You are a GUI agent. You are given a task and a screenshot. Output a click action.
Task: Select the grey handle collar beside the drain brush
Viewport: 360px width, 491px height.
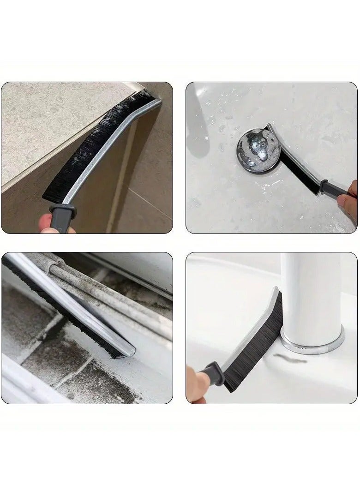(325, 186)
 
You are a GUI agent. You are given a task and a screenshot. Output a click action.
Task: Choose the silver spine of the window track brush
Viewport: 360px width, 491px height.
(69, 300)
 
